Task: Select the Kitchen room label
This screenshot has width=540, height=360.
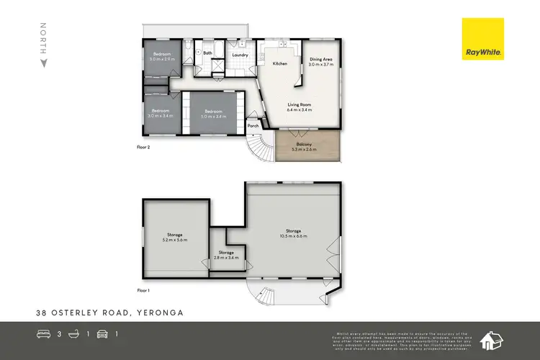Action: (279, 64)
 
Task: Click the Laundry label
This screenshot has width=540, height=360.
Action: (240, 55)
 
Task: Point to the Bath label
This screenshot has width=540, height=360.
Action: (208, 53)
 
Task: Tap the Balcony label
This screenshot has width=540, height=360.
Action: (308, 145)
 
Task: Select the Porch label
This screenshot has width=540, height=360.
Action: (253, 126)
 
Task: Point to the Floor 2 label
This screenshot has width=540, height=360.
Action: (143, 147)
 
